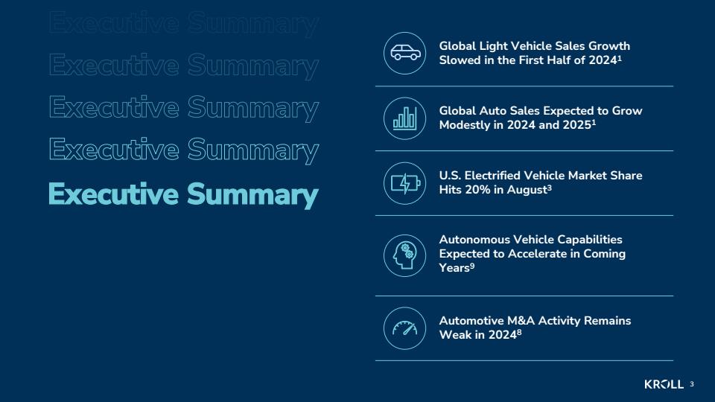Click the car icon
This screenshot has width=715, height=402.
click(405, 53)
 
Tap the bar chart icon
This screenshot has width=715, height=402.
click(405, 118)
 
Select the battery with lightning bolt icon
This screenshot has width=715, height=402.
click(405, 183)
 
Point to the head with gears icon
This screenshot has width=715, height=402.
click(404, 255)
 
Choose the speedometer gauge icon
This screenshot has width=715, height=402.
click(405, 328)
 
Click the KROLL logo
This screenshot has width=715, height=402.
click(664, 384)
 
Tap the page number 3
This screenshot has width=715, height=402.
click(692, 384)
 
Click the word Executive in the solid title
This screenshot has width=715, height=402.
click(113, 194)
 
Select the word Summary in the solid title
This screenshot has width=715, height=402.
click(252, 195)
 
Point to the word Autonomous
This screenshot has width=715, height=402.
click(474, 239)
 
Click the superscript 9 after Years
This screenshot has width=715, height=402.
click(472, 266)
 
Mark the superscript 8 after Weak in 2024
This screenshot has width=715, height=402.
click(519, 332)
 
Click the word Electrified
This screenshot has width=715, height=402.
click(493, 176)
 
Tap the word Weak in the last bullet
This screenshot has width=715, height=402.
click(454, 334)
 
